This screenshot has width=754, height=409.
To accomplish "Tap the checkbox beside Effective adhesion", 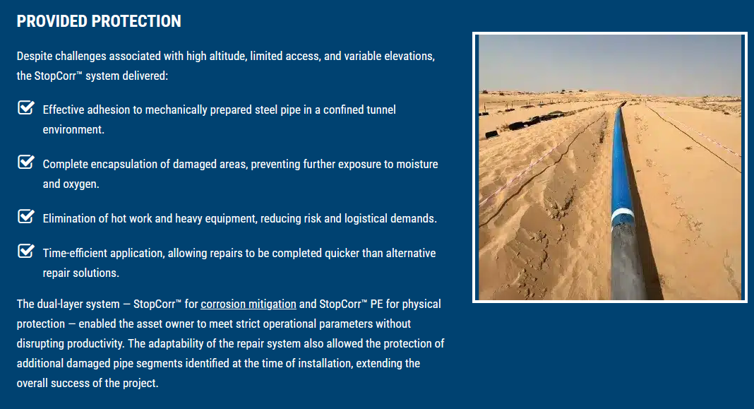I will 26,108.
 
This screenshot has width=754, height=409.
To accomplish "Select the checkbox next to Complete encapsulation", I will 26,162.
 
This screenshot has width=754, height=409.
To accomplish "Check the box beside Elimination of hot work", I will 26,217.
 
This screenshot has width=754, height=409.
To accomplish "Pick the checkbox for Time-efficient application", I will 26,251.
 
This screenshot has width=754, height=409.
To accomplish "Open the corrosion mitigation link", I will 249,304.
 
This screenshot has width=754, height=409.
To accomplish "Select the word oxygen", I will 80,184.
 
